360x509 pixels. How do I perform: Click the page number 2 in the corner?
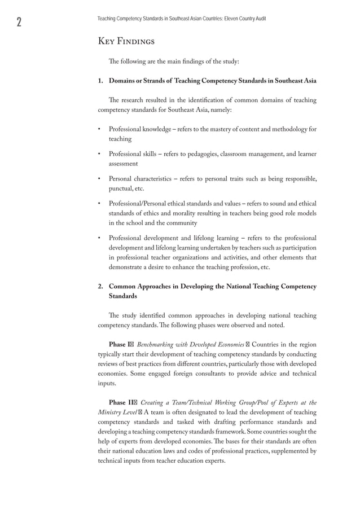[19, 22]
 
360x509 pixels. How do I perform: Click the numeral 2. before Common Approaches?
[101, 287]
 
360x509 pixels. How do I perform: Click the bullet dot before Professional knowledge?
[99, 129]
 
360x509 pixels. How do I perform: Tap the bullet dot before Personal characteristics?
[99, 179]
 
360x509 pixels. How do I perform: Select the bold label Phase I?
[120, 344]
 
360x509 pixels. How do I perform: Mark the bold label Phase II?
[121, 402]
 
